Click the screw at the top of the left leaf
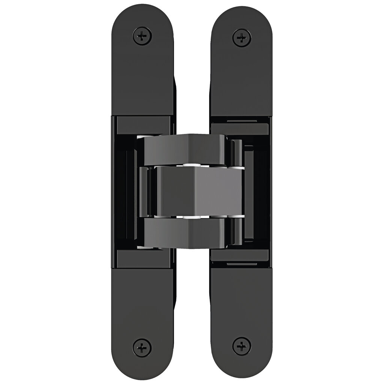(x=142, y=36)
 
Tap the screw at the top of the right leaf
(x=241, y=37)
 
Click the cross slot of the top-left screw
(x=142, y=36)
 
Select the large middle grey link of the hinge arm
(x=195, y=191)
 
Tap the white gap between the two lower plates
(x=192, y=315)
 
